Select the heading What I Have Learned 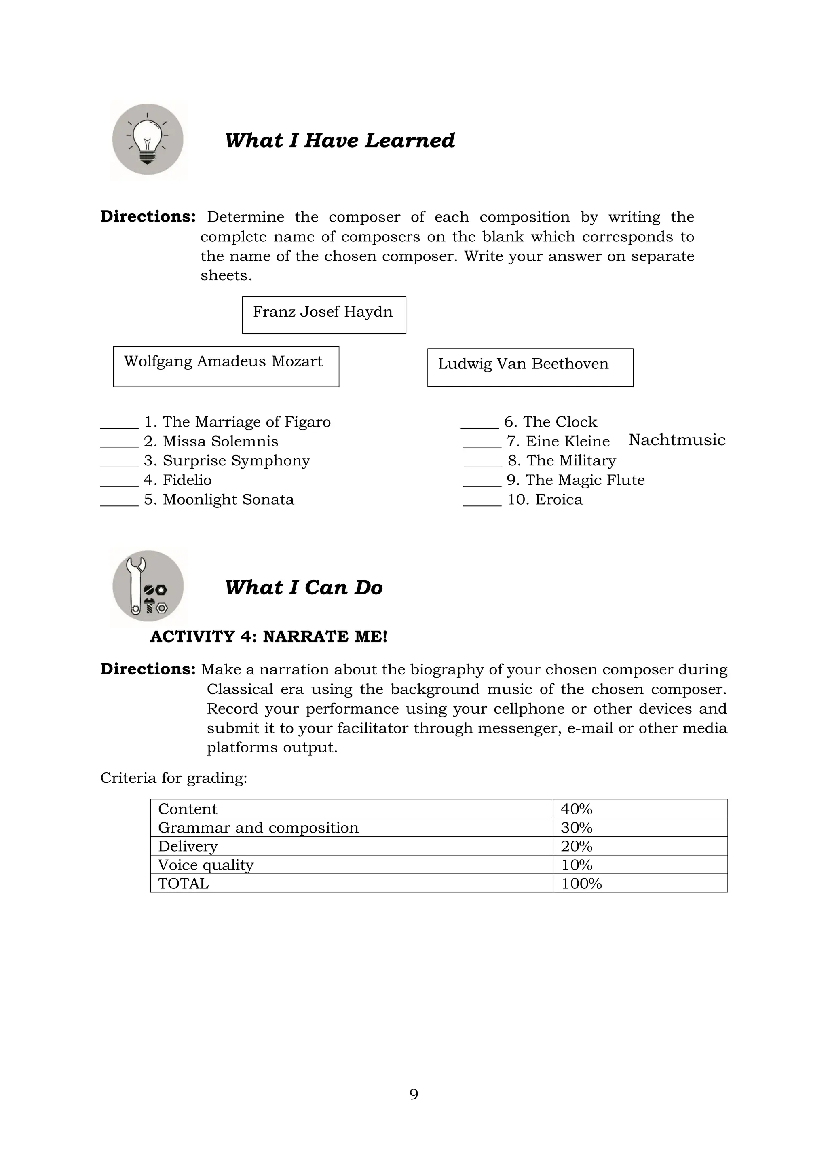[340, 140]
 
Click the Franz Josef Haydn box [324, 314]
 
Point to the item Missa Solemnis [220, 441]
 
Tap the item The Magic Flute [585, 480]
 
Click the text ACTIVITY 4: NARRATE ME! [269, 636]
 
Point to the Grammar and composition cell [351, 827]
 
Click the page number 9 [414, 1094]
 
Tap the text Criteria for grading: [174, 778]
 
